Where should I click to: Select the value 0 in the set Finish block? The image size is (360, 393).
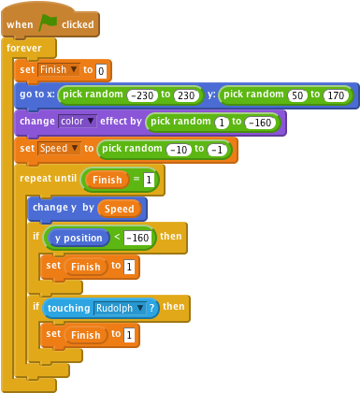(102, 70)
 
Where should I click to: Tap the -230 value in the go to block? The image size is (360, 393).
(142, 95)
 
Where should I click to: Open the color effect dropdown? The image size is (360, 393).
(79, 122)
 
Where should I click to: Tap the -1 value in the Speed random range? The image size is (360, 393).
(219, 149)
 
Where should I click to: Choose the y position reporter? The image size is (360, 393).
(78, 238)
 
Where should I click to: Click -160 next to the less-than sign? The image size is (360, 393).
(138, 238)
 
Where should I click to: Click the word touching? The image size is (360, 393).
(68, 307)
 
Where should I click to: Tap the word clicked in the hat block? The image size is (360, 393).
(79, 23)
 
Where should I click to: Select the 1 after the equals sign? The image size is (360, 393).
(148, 179)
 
